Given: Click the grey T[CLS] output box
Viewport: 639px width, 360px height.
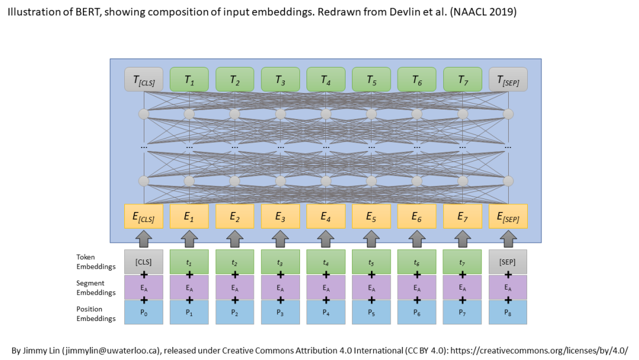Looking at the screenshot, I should point(143,80).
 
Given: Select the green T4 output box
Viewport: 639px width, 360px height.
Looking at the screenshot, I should point(325,80).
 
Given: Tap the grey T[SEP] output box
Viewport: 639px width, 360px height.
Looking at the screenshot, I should point(508,80).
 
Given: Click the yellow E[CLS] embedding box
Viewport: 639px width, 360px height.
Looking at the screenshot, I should point(143,217).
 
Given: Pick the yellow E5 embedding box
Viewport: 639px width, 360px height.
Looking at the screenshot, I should point(371,217).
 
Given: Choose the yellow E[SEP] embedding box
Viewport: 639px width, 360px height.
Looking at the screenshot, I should point(508,217).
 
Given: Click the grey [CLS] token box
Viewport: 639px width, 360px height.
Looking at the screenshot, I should point(143,262).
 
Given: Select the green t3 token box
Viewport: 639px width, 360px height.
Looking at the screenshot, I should point(280,262).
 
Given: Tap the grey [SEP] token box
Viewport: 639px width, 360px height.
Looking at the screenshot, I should point(508,262).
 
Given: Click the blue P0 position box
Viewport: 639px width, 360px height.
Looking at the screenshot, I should point(143,312).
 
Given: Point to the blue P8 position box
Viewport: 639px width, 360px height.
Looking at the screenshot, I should point(508,312).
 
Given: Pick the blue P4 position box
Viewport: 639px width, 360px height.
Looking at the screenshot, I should point(325,312).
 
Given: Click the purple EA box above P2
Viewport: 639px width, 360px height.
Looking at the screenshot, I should point(234,287).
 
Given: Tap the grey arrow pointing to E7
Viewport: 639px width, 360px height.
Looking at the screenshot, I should point(462,238).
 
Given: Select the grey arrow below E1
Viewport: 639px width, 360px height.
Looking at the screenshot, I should point(189,238).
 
